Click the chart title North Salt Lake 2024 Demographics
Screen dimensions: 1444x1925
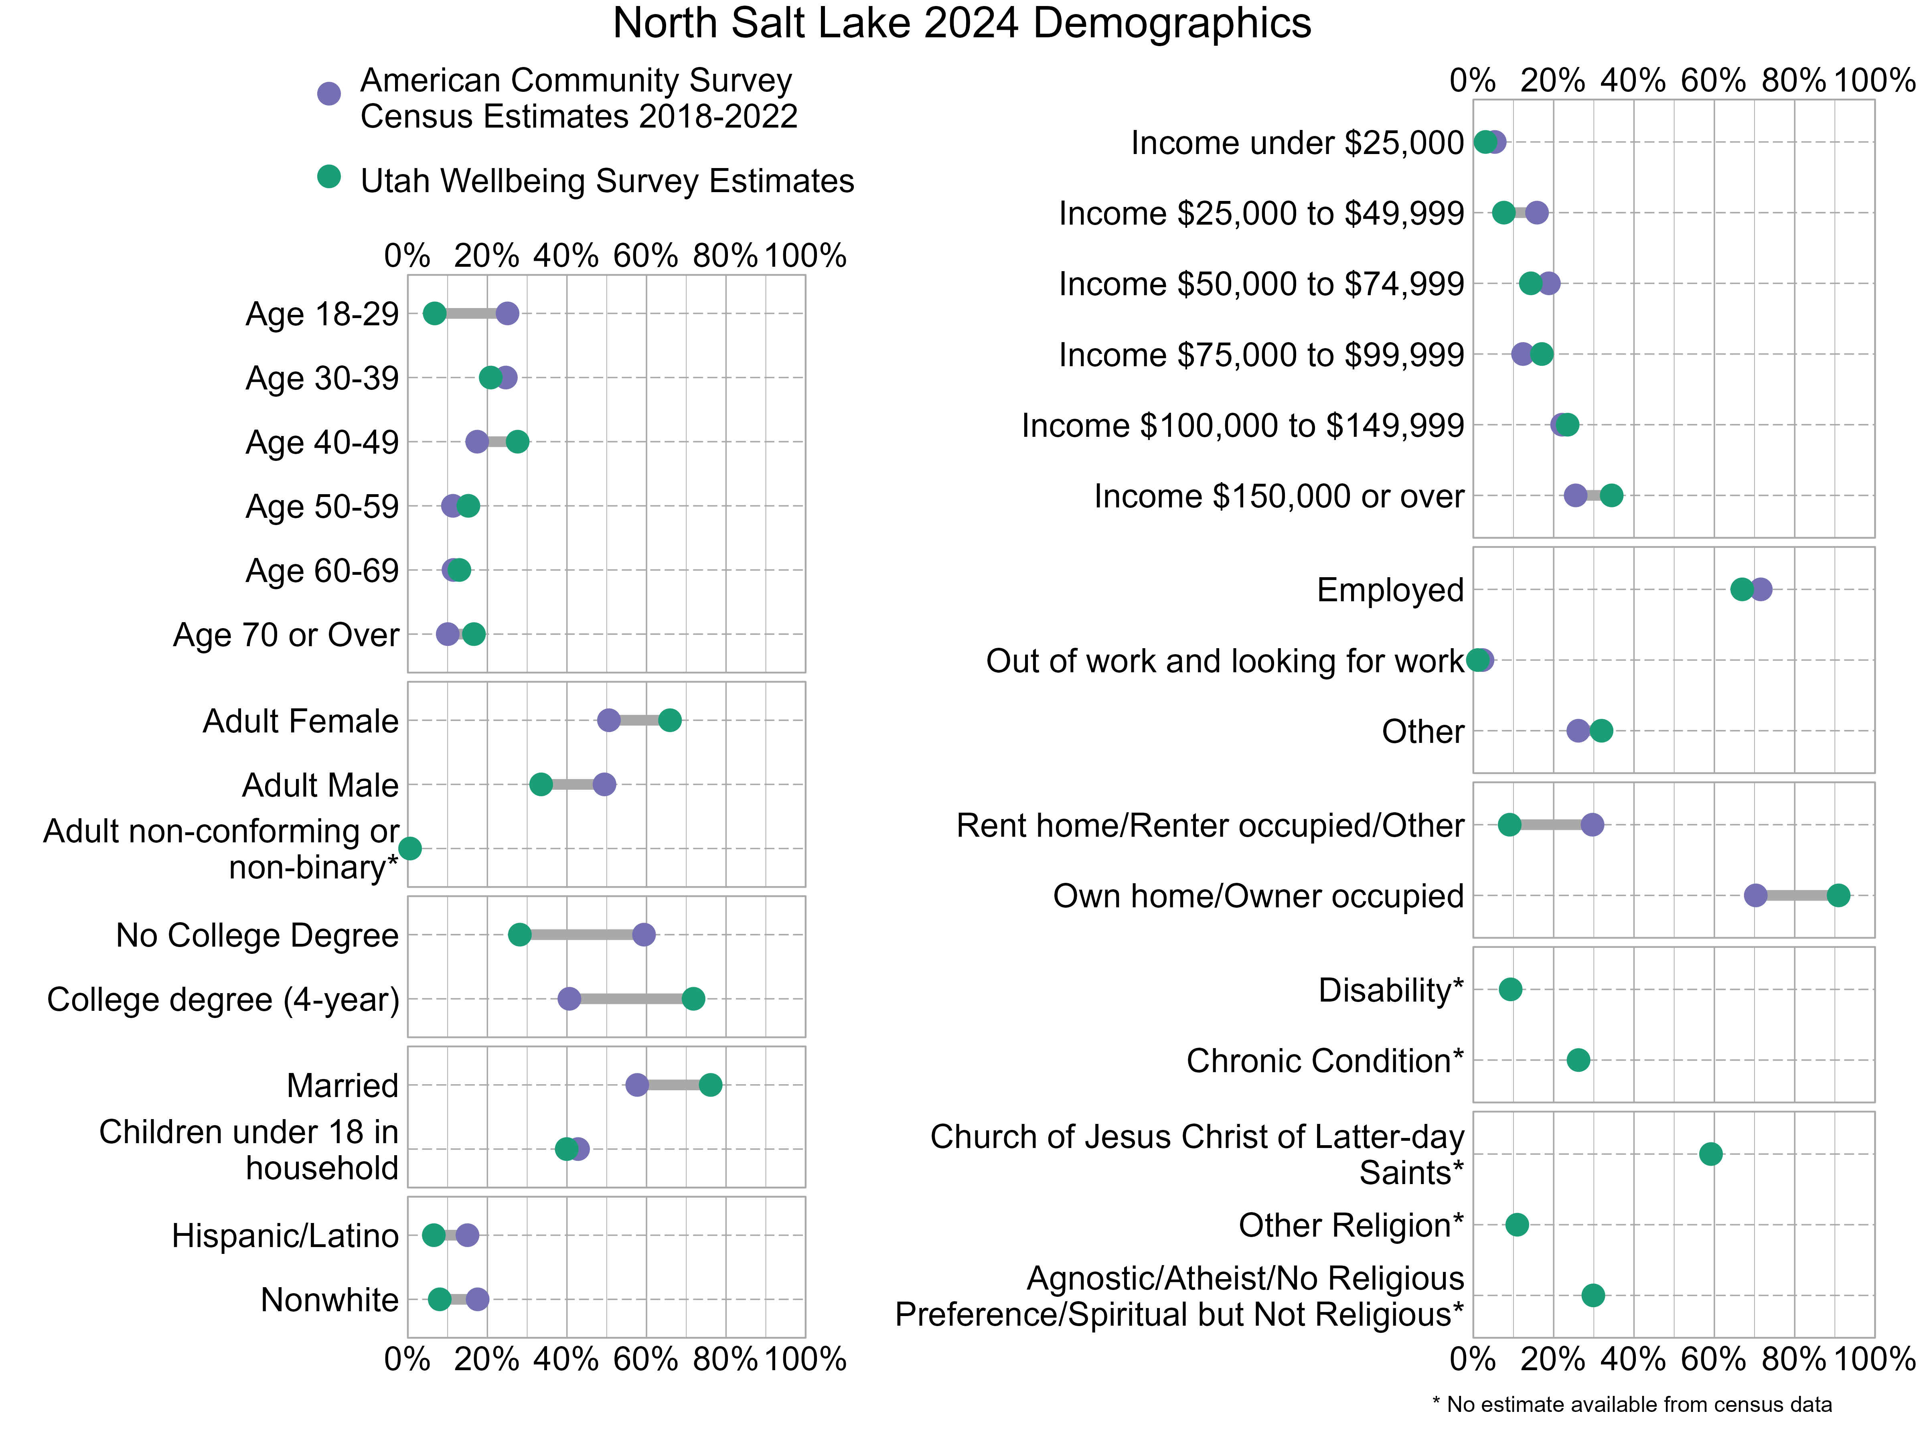962,24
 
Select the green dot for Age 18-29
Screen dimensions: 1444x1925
434,313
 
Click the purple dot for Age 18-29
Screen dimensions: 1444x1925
507,313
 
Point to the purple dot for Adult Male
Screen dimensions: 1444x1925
604,784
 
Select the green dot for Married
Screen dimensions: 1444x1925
710,1085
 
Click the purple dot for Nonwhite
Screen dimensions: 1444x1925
477,1300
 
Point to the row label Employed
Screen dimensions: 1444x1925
1390,590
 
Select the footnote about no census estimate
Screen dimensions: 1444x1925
1632,1404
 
